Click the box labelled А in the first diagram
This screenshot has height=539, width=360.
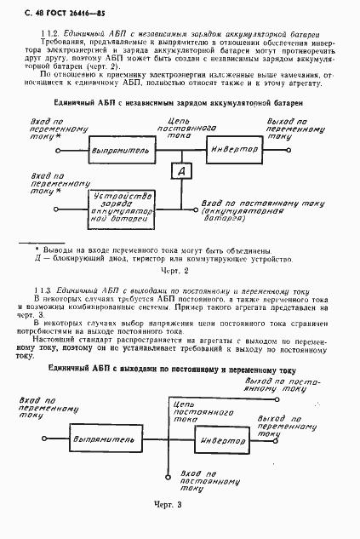181,172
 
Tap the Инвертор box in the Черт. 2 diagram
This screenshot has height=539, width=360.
235,148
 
